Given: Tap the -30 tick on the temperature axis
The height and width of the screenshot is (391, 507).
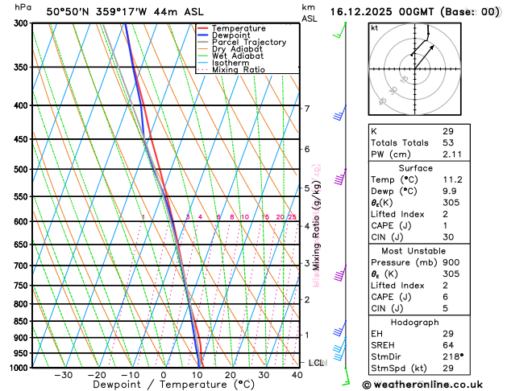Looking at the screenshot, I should [63, 375].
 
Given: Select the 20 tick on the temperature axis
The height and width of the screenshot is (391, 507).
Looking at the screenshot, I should [231, 375].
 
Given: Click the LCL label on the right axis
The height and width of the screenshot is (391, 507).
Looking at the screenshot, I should [316, 363].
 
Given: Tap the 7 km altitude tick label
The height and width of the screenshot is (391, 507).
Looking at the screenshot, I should [306, 109].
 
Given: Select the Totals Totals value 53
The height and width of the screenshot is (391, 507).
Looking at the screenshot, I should [448, 142].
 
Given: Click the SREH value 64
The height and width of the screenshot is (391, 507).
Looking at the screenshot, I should [448, 344].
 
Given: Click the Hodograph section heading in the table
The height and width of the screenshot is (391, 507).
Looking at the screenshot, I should [415, 321].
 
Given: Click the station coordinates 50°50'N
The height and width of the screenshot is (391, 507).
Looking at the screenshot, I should [69, 12].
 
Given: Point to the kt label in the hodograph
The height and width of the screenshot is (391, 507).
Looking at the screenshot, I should [375, 27].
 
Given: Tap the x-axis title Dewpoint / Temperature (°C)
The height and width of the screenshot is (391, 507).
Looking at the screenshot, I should [164, 385].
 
